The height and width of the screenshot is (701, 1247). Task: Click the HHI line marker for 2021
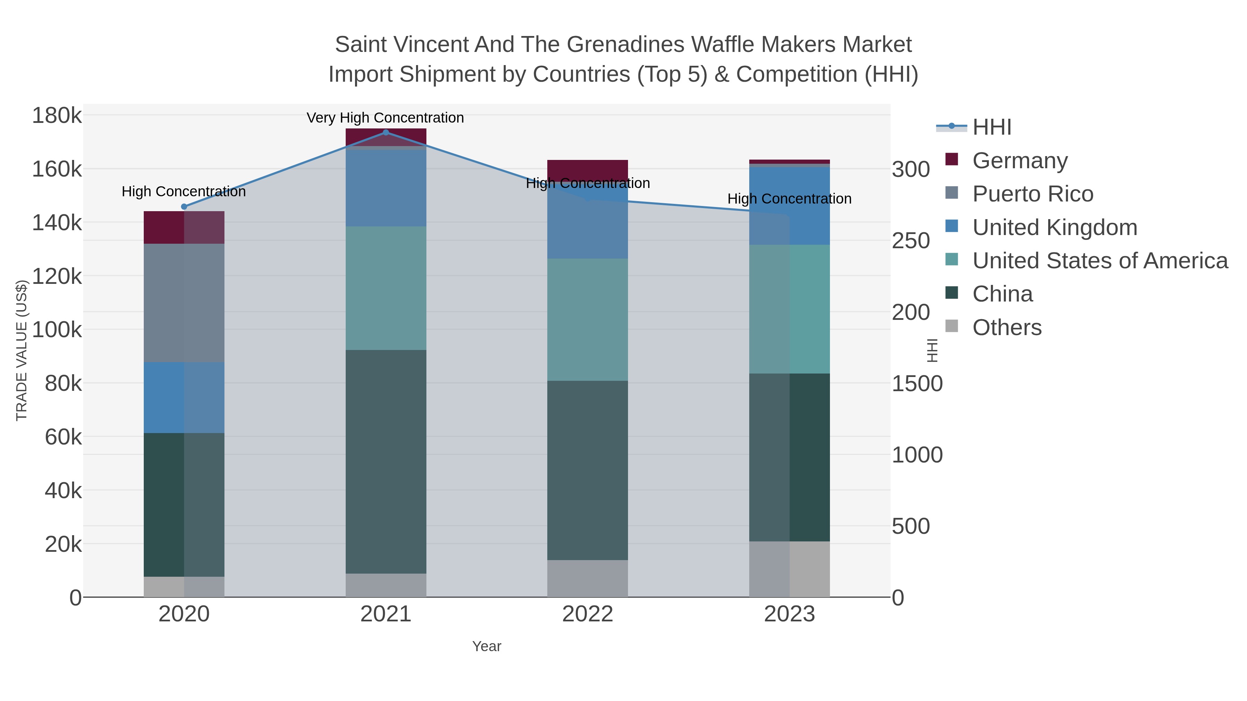386,132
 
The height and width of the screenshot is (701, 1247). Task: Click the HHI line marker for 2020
184,207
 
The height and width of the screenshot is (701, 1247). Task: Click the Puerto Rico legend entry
1033,194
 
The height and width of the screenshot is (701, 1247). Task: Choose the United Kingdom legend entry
1054,227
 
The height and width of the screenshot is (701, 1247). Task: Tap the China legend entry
1002,294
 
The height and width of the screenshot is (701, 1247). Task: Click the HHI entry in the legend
991,127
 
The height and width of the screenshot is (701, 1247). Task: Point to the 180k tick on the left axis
57,116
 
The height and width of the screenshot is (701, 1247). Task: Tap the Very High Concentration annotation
385,118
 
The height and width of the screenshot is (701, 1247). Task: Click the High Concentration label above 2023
789,199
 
